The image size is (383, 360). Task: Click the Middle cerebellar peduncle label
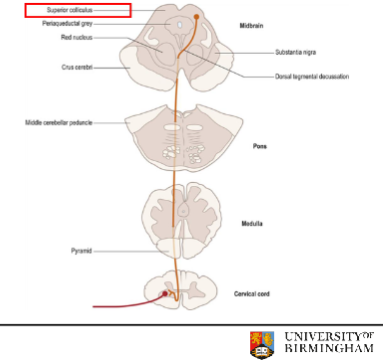click(x=67, y=123)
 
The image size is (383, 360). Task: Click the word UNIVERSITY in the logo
click(x=322, y=333)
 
